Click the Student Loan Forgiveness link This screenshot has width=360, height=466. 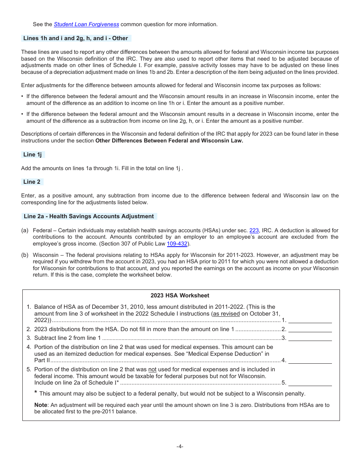[86, 24]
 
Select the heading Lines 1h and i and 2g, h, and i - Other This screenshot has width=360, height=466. [76, 38]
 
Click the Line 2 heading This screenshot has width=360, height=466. [32, 182]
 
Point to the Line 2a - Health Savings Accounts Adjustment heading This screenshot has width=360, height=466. [89, 216]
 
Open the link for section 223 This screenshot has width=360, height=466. [254, 230]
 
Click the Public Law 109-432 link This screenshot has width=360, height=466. [177, 244]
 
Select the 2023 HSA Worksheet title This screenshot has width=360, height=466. [180, 296]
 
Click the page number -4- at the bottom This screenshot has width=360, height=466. [180, 446]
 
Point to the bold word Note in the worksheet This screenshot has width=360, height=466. [41, 405]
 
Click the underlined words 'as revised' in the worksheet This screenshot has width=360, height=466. [226, 314]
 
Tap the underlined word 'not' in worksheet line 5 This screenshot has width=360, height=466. [152, 369]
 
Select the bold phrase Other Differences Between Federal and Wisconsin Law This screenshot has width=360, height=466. [169, 141]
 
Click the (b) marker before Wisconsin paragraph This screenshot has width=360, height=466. [25, 255]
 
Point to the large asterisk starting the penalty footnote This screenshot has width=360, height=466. [36, 393]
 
